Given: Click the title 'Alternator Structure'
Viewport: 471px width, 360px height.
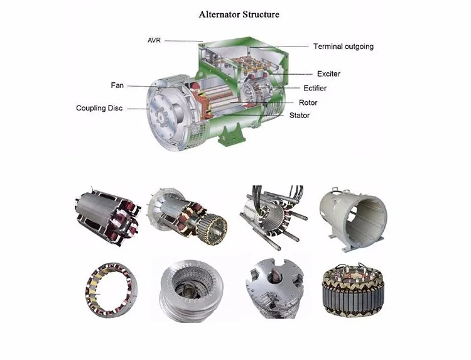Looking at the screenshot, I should tap(239, 14).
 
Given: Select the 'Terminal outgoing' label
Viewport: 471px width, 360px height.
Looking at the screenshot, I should tap(343, 46).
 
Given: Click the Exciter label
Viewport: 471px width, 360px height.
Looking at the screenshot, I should tap(328, 74).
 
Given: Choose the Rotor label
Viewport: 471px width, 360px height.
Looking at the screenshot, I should tap(308, 102).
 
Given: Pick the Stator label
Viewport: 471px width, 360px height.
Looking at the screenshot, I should tap(300, 116).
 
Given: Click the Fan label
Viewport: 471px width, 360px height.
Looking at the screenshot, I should tap(117, 85).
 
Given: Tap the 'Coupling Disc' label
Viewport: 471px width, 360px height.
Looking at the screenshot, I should tap(99, 108).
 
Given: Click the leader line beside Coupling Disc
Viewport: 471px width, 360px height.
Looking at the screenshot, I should tap(137, 108).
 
